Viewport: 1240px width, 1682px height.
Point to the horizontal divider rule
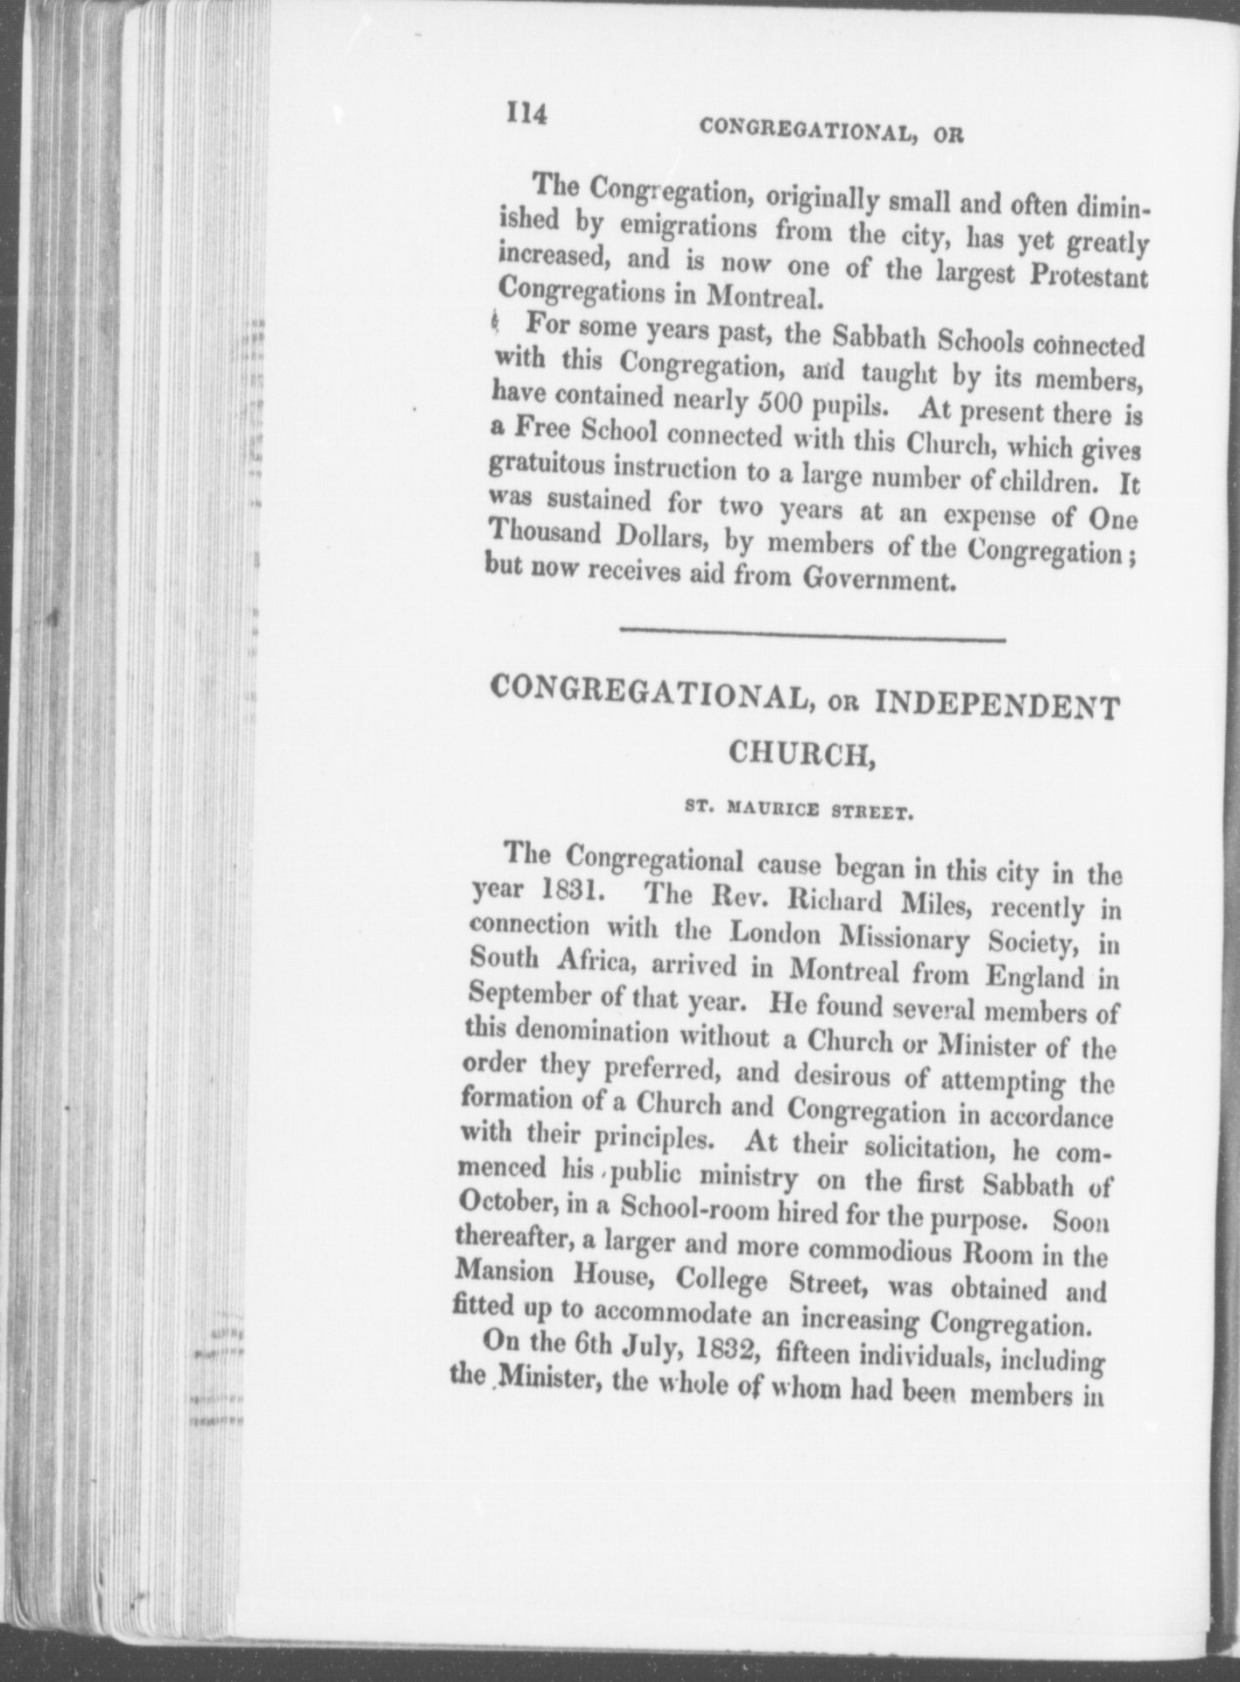point(812,636)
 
